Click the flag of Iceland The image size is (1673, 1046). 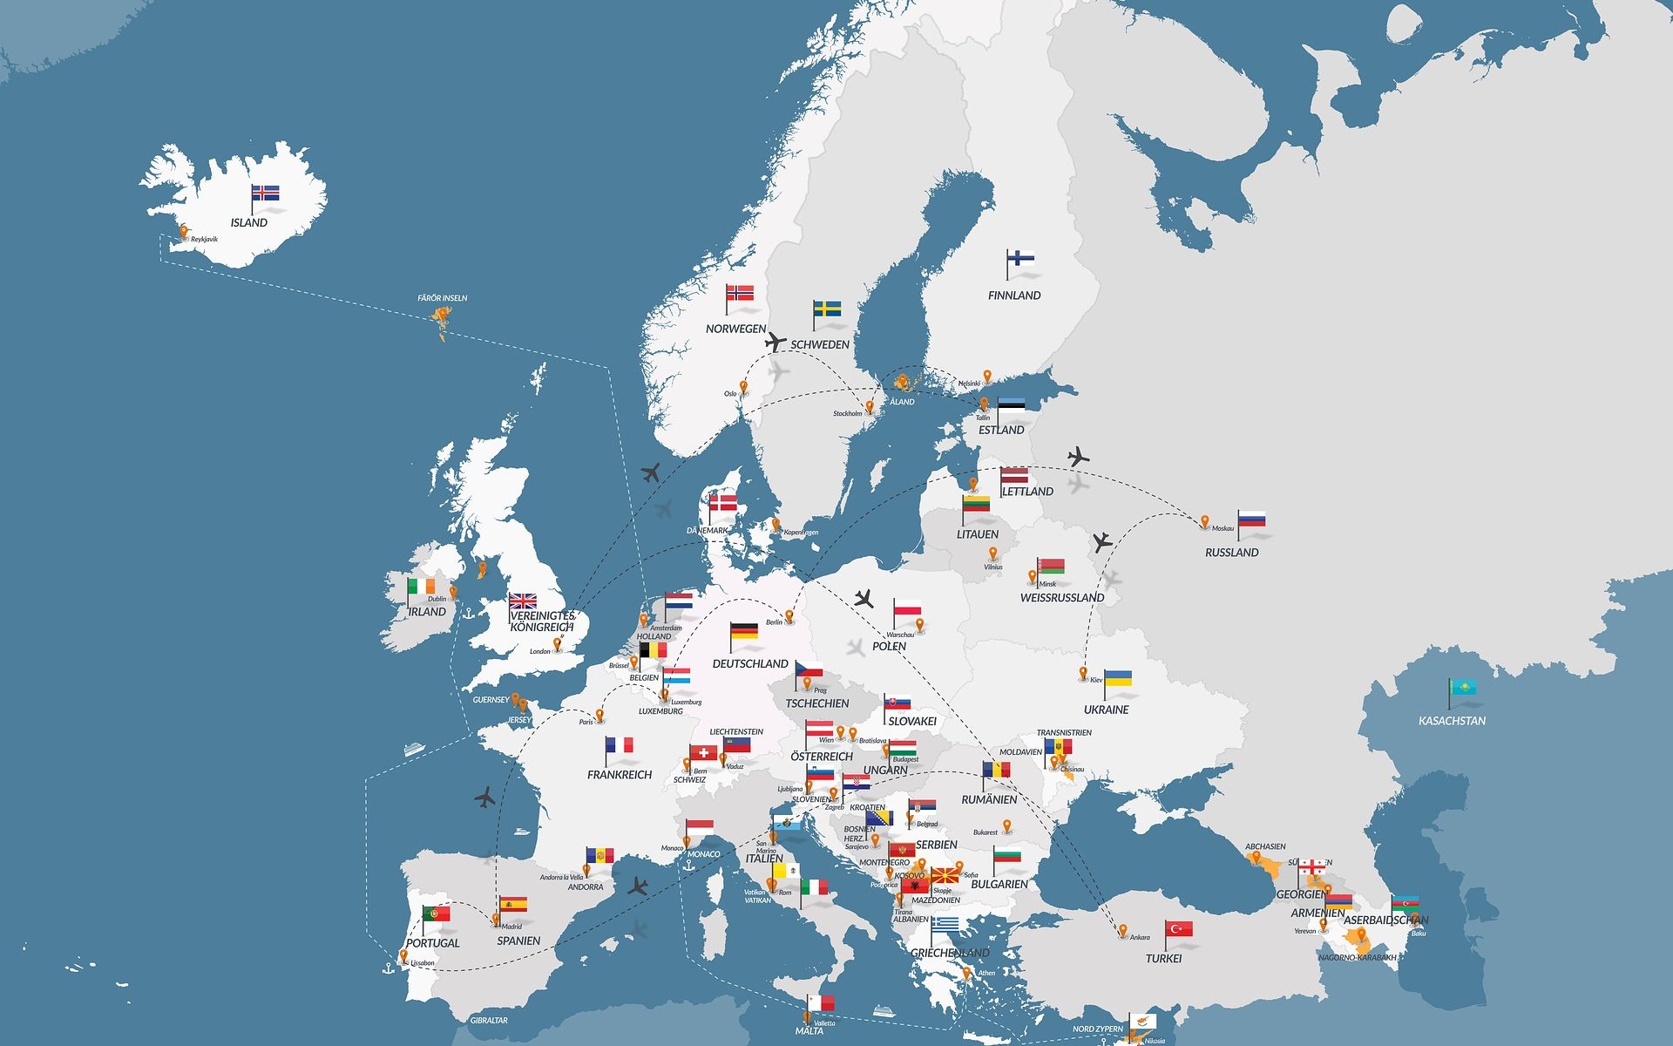coord(266,193)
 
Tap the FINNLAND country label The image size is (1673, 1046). coord(1013,295)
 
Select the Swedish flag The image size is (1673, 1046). coord(827,309)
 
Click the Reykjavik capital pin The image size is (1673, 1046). coord(184,233)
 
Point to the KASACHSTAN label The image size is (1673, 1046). coord(1452,721)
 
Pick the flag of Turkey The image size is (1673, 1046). coord(1179,929)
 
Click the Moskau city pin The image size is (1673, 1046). coord(1205,522)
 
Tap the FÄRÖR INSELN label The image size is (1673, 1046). coord(442,298)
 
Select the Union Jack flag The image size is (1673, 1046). coord(523,601)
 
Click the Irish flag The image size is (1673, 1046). coord(422,587)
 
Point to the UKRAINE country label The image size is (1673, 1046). coord(1106,710)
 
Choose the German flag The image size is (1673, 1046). coord(743,632)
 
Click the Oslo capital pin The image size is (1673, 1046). coord(743,388)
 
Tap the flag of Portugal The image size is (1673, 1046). coord(437,914)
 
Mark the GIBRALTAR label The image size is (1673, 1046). coord(489,1020)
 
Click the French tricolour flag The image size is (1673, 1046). coord(620,745)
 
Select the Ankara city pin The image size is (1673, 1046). coord(1123,931)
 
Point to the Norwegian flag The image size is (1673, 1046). coord(740,293)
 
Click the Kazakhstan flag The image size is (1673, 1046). coord(1463,688)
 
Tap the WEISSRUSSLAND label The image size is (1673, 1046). coord(1062,598)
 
